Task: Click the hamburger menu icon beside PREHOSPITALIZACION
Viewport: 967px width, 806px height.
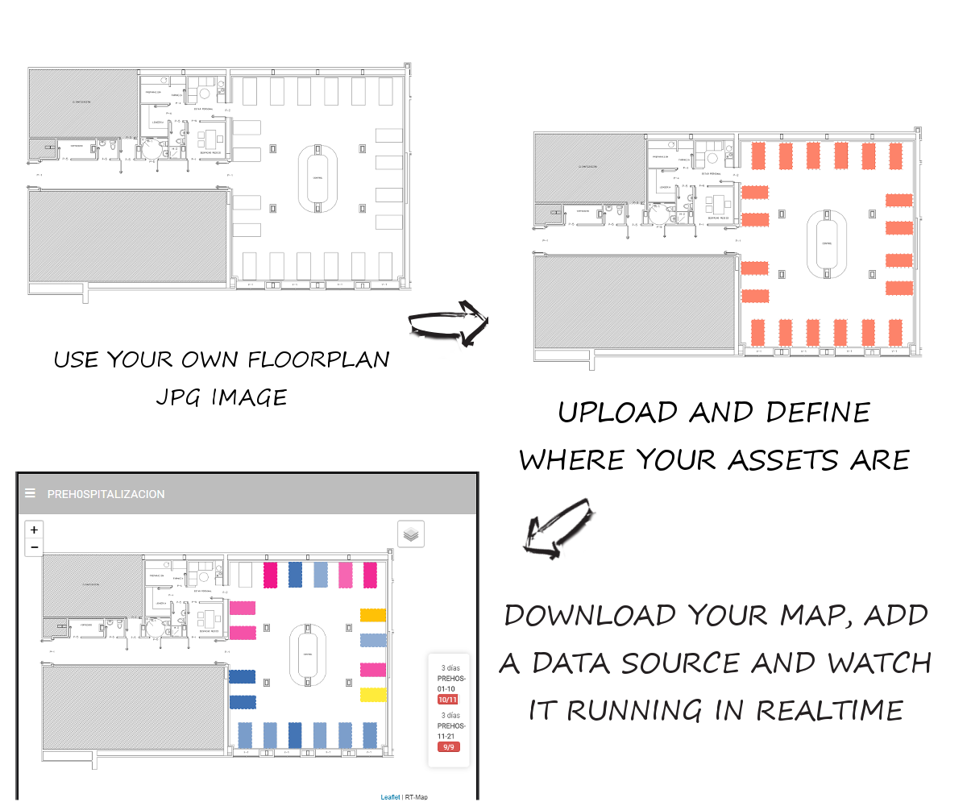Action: [30, 493]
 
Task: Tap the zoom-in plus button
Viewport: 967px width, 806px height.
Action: [34, 530]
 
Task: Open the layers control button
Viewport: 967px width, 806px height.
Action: [411, 534]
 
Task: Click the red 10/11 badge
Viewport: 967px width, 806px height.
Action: [447, 700]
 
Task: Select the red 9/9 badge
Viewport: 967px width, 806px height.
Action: [447, 747]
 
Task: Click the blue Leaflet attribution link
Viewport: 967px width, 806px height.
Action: [390, 797]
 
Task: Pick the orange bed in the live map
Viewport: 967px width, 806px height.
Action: [373, 615]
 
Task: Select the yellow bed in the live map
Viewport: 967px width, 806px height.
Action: [373, 695]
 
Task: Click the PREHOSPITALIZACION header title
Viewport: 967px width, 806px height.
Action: [106, 494]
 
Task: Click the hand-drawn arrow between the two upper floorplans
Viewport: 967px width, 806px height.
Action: [448, 323]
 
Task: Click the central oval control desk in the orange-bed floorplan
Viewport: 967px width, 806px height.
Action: [827, 243]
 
